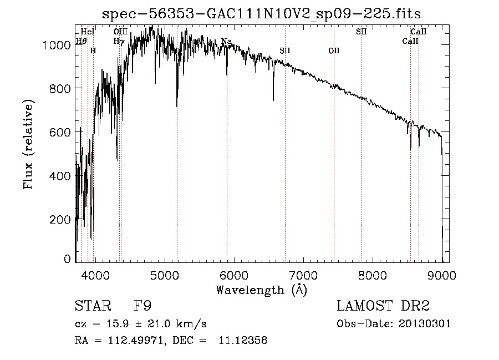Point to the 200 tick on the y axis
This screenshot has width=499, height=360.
[x=62, y=220]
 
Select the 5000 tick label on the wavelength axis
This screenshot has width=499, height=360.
[x=164, y=275]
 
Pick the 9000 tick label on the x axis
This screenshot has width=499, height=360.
[x=442, y=275]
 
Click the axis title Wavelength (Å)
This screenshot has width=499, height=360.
[x=261, y=289]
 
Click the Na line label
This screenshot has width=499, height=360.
[x=226, y=42]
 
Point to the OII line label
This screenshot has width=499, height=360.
[x=334, y=50]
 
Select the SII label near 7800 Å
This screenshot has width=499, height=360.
[x=361, y=32]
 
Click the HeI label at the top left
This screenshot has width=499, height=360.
[x=88, y=32]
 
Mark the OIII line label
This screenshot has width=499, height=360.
[x=120, y=32]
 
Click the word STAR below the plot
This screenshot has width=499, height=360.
[x=91, y=306]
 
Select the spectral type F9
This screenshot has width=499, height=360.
[x=142, y=306]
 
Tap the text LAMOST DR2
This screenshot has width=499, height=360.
[x=383, y=306]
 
